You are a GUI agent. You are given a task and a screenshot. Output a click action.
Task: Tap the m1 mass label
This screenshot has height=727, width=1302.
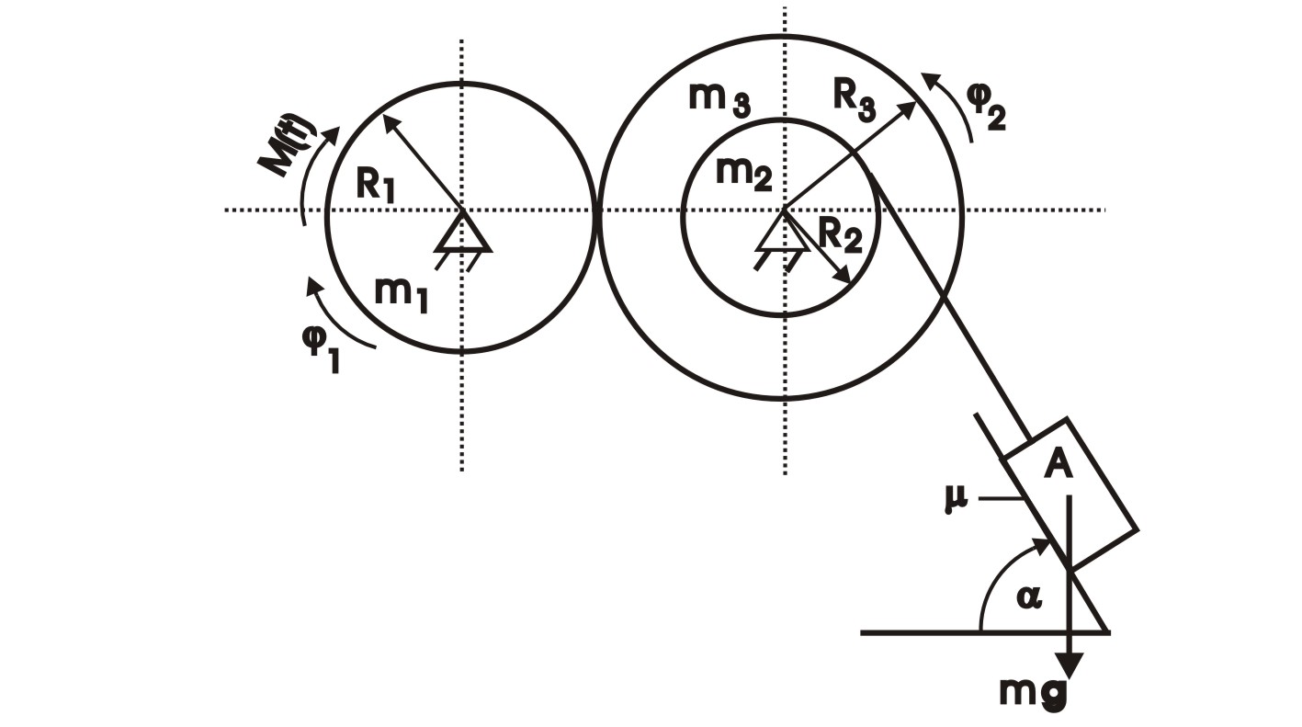tap(401, 293)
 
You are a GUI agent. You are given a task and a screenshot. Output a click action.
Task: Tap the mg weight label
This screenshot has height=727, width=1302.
tap(1035, 692)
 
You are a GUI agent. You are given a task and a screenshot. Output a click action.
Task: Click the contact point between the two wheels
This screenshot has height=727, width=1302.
tap(596, 210)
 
